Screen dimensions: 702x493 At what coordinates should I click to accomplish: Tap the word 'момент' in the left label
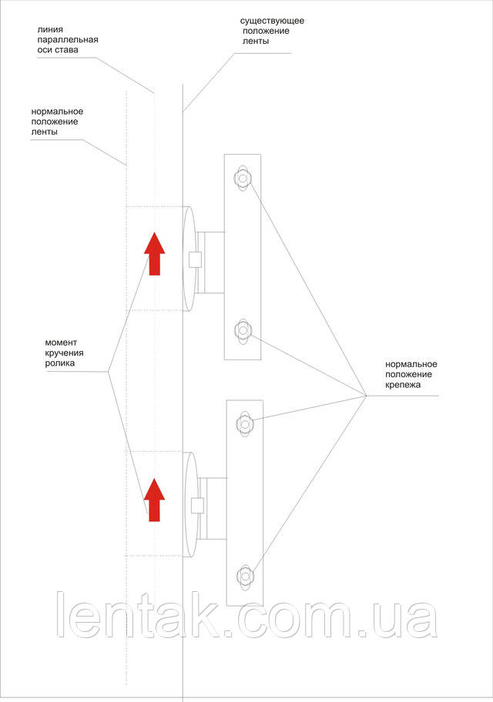click(x=62, y=342)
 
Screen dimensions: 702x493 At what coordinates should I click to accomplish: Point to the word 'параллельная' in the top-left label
click(x=68, y=40)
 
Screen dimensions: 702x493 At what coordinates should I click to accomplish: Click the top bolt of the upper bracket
click(x=243, y=179)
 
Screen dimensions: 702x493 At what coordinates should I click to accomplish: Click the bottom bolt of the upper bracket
click(x=243, y=331)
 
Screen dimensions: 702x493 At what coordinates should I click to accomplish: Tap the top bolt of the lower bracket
click(x=245, y=424)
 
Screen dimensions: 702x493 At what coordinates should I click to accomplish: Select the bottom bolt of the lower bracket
click(x=245, y=575)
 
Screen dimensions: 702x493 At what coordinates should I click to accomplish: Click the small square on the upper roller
click(x=195, y=259)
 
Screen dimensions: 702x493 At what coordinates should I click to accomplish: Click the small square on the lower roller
click(x=197, y=506)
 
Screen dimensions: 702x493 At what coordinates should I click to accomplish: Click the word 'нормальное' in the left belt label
click(x=57, y=112)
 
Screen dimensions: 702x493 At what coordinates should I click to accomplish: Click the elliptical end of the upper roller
click(x=187, y=259)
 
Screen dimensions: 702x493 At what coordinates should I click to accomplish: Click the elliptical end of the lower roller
click(x=190, y=505)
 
